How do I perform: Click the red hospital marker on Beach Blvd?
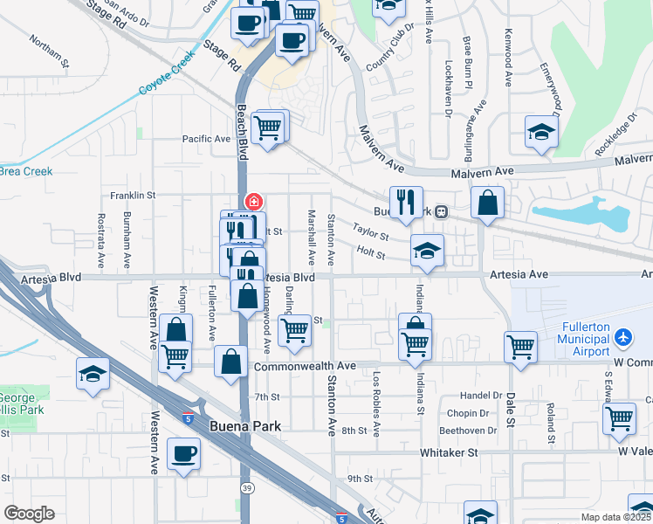coord(254,202)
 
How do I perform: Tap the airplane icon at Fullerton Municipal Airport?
coord(622,336)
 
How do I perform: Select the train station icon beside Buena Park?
coord(443,211)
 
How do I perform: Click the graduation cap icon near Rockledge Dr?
coord(541,133)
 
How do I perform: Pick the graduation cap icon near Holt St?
coord(427,250)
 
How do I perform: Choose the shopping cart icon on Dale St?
coord(521,345)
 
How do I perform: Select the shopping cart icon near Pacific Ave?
coord(269,128)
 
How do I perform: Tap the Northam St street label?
coord(48,52)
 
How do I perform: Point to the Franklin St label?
coord(132,196)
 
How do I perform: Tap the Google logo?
coord(30,514)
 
